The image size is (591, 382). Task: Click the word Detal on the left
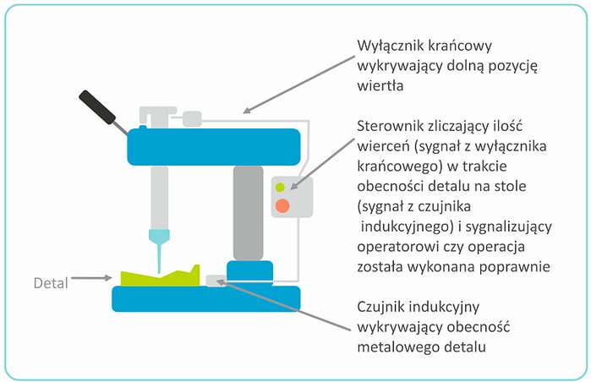(x=50, y=281)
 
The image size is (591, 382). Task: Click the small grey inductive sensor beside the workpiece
(x=216, y=280)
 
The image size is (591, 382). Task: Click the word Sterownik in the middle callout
(x=396, y=126)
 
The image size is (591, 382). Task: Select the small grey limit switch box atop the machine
(x=192, y=119)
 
